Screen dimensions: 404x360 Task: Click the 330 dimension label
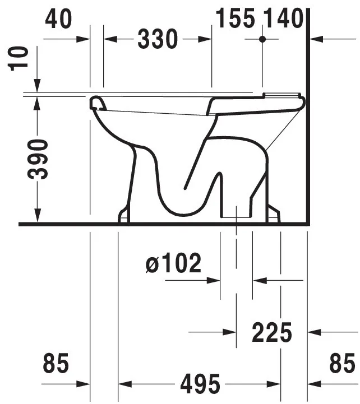[158, 40]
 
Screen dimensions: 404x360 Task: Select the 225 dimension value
[272, 333]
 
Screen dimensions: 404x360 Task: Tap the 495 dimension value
[200, 384]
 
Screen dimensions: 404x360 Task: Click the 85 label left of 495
[56, 364]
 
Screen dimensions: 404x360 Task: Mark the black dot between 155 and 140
[262, 39]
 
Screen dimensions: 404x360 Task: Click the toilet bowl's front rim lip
[99, 103]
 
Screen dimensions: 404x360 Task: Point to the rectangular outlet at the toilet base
[236, 211]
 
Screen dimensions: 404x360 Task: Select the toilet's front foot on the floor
[123, 215]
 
